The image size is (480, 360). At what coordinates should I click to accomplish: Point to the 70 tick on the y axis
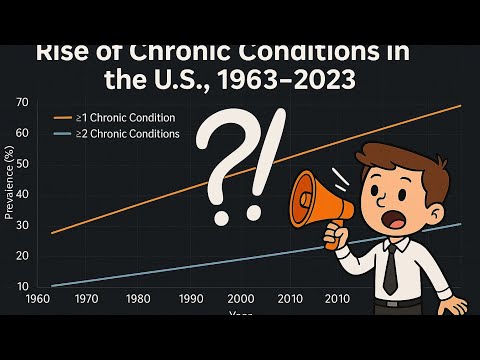tap(22, 102)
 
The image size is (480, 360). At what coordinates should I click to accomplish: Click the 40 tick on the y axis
tap(22, 195)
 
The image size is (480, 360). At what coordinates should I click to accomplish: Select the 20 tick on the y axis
tap(22, 256)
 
